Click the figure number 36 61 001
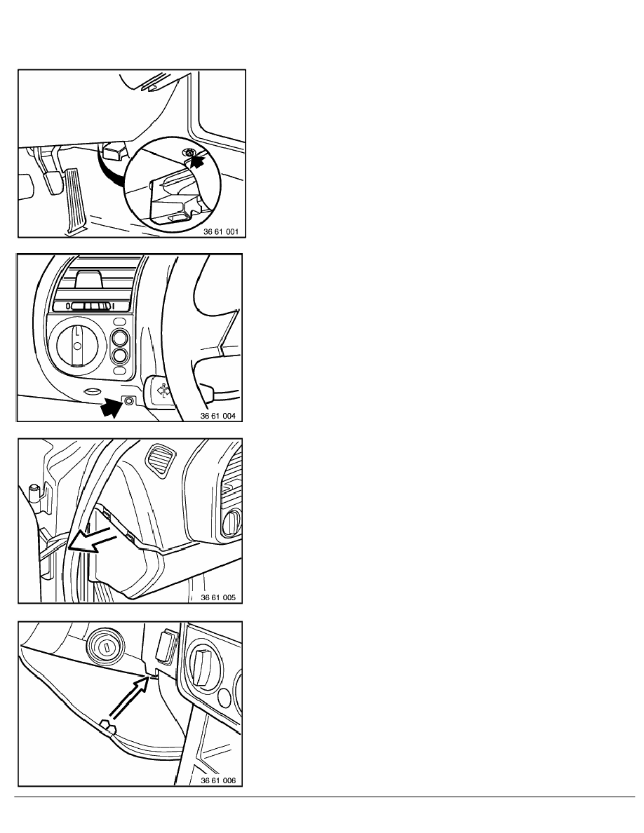221,231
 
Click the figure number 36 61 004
218,416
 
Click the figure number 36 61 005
218,597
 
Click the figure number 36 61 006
218,780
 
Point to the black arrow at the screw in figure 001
197,161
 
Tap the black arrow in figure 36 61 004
111,407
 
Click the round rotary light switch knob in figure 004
77,345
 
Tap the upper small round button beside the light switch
120,337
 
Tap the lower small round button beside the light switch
120,355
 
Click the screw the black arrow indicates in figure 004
128,401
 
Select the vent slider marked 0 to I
90,306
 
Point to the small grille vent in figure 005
157,456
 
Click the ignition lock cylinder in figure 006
106,646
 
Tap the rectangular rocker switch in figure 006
166,646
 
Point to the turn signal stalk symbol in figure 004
163,391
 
